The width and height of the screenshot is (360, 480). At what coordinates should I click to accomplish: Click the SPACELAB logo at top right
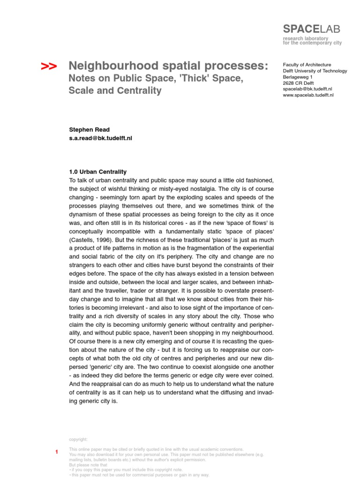click(311, 29)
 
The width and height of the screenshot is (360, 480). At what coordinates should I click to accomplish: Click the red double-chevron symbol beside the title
click(49, 67)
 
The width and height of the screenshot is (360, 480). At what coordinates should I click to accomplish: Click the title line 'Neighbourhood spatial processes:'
click(168, 66)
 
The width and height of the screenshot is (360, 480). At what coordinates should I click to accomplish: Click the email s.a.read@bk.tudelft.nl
click(100, 139)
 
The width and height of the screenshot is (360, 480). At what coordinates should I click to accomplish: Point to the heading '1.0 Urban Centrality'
click(97, 172)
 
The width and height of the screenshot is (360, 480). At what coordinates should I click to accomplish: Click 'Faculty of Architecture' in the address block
click(307, 65)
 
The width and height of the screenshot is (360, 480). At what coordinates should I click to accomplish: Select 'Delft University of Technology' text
click(315, 71)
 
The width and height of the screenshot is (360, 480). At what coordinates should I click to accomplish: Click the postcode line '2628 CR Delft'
click(298, 83)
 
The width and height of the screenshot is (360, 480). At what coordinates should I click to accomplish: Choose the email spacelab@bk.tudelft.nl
click(307, 89)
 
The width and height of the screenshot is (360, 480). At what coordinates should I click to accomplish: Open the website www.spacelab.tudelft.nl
click(308, 95)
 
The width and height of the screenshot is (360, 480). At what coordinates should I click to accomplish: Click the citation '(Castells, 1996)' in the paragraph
click(90, 240)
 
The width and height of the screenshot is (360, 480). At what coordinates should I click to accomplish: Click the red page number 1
click(57, 452)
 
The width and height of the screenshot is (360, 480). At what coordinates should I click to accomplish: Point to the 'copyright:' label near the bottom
click(78, 439)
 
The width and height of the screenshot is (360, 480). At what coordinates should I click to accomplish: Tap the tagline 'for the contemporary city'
click(312, 43)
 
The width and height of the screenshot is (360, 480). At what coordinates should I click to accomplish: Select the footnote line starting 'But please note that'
click(88, 465)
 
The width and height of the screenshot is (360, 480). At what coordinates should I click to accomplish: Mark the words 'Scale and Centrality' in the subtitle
click(114, 91)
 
